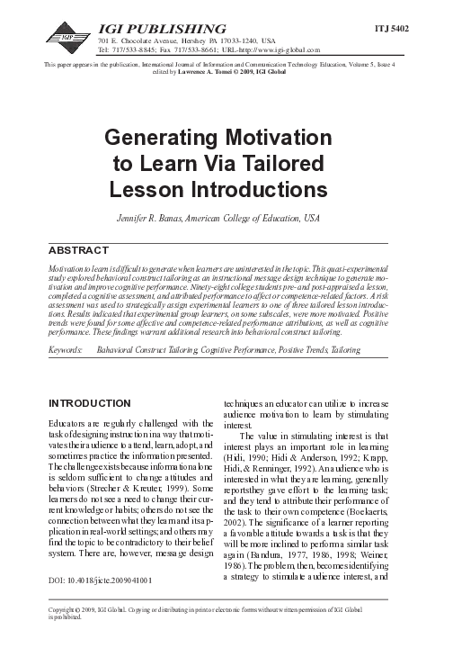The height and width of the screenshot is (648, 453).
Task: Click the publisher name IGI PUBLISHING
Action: (x=150, y=30)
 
